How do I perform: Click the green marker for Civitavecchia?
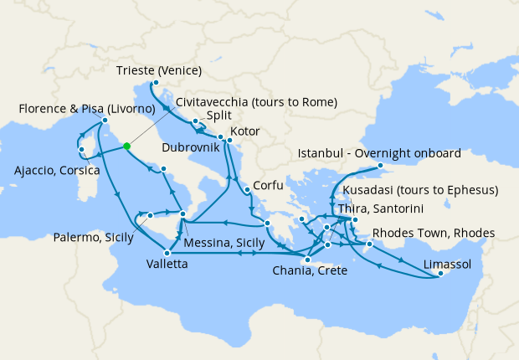[x=126, y=147]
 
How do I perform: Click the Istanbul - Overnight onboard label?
[x=379, y=153]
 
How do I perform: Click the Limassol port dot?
[x=440, y=274]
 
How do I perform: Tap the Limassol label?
[x=447, y=264]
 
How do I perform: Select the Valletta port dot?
[x=168, y=253]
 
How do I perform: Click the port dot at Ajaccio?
[x=81, y=150]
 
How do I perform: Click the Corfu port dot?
[x=248, y=191]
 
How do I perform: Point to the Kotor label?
[x=244, y=131]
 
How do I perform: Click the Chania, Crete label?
[x=310, y=270]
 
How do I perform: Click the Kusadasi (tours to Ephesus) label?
[x=421, y=190]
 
